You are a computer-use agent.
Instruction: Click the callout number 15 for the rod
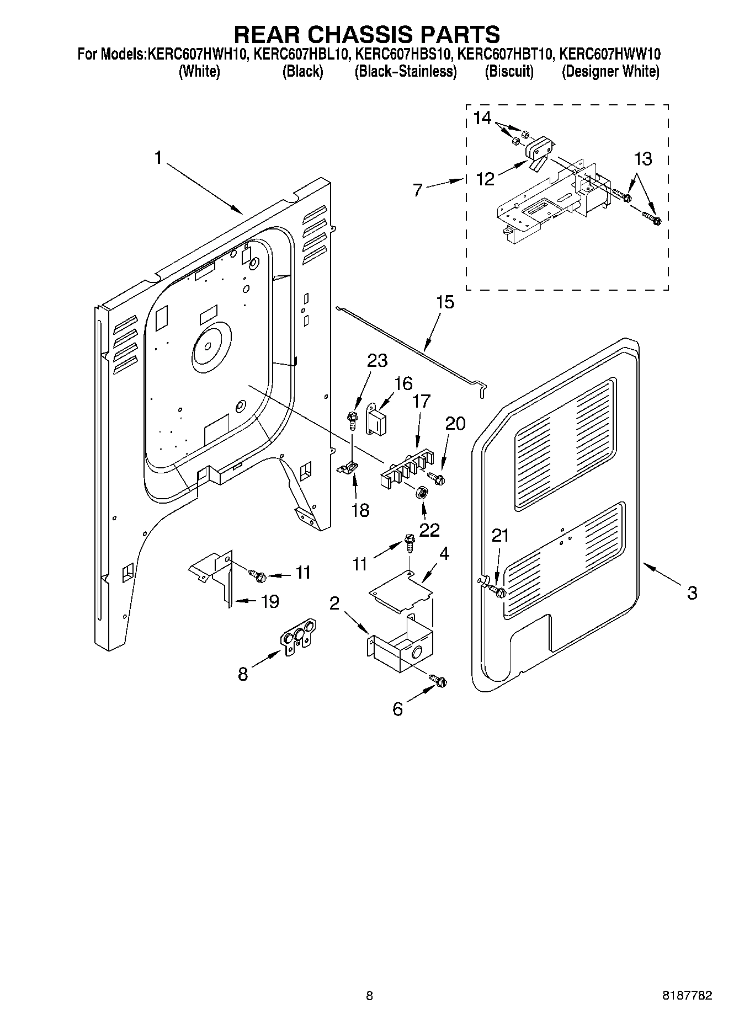tap(445, 302)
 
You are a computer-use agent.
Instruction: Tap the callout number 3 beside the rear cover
tap(692, 593)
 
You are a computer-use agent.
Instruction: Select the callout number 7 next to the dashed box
tap(418, 190)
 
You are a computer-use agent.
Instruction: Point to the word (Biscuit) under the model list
tap(509, 72)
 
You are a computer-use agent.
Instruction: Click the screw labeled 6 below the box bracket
tap(439, 681)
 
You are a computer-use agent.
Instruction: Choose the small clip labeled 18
tap(347, 468)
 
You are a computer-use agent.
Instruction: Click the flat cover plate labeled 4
tap(401, 590)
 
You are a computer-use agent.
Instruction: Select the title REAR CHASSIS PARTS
tap(367, 34)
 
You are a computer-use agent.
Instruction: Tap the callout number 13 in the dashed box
tap(642, 159)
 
